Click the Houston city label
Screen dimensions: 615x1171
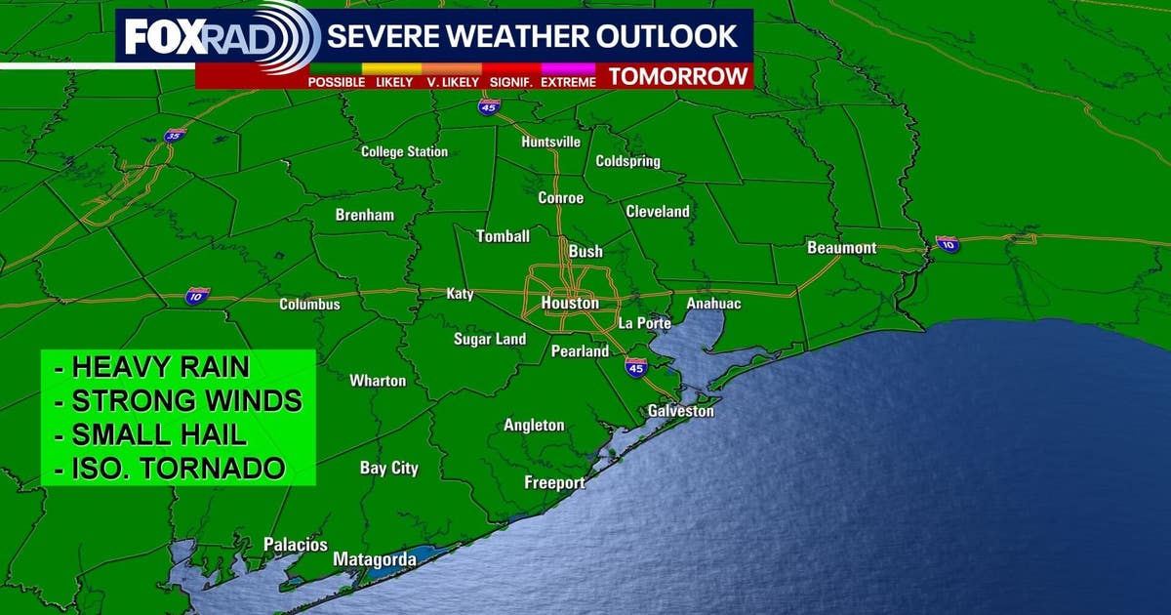(x=570, y=304)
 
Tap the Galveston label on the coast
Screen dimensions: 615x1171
(x=680, y=411)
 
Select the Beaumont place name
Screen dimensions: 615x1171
(x=841, y=248)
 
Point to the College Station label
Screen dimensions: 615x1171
(x=404, y=151)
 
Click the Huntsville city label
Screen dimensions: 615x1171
(x=550, y=142)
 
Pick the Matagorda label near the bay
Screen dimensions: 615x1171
(x=375, y=559)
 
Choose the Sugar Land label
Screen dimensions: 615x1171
(x=490, y=340)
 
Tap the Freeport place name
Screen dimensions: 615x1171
(x=554, y=483)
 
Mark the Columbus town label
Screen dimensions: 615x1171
(x=309, y=305)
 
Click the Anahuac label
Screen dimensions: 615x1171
(x=713, y=304)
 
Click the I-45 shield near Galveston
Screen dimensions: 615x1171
(x=635, y=367)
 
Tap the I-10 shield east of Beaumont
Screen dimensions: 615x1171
(x=947, y=244)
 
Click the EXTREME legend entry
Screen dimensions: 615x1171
(x=568, y=82)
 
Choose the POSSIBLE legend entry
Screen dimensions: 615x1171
(x=337, y=82)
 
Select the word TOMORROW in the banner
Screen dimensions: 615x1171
(x=678, y=76)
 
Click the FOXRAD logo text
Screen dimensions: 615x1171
(x=179, y=38)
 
